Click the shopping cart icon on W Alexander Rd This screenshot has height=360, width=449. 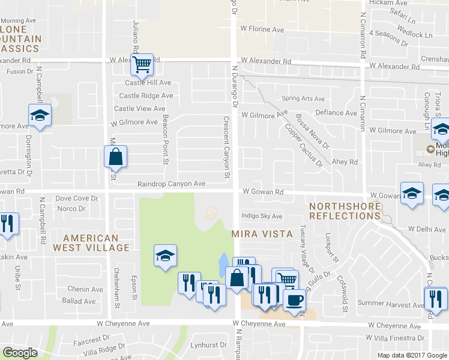[142, 63]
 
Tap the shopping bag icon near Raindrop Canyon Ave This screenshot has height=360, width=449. [115, 157]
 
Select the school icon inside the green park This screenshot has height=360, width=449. [165, 256]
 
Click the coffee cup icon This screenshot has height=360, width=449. [294, 299]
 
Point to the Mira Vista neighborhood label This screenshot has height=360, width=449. [262, 233]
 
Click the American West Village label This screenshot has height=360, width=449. [91, 243]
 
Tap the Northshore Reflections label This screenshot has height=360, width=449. [345, 211]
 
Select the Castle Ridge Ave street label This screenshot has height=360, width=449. [146, 96]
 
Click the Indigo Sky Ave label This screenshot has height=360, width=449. [261, 216]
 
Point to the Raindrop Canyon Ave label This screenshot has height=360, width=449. [171, 184]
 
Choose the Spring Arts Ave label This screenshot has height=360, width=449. [303, 99]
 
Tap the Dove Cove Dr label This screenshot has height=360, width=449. [76, 198]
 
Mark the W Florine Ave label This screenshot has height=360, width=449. [262, 29]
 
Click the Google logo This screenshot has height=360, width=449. [20, 353]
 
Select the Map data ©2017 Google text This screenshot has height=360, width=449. [413, 355]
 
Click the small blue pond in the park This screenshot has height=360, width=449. [223, 262]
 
